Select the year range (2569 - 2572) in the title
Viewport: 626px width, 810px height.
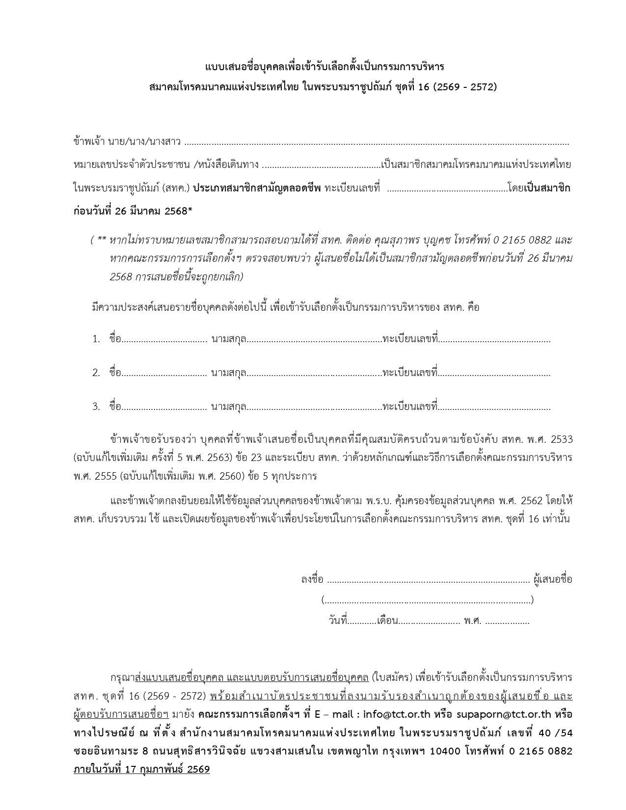coord(465,87)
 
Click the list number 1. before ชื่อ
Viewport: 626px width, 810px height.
coord(96,339)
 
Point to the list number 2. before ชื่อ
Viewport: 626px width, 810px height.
coord(96,373)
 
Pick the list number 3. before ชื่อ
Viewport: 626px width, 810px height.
coord(96,406)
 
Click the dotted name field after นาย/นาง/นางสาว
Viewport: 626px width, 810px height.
coord(377,143)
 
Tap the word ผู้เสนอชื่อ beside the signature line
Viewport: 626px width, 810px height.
coord(553,579)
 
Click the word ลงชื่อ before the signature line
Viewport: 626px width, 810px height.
coord(312,579)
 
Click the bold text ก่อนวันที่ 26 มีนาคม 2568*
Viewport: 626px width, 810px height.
coord(133,211)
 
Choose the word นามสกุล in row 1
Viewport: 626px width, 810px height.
coord(228,339)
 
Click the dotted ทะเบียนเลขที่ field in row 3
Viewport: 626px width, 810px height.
coord(494,407)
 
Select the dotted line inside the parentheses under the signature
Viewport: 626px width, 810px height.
coord(428,600)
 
